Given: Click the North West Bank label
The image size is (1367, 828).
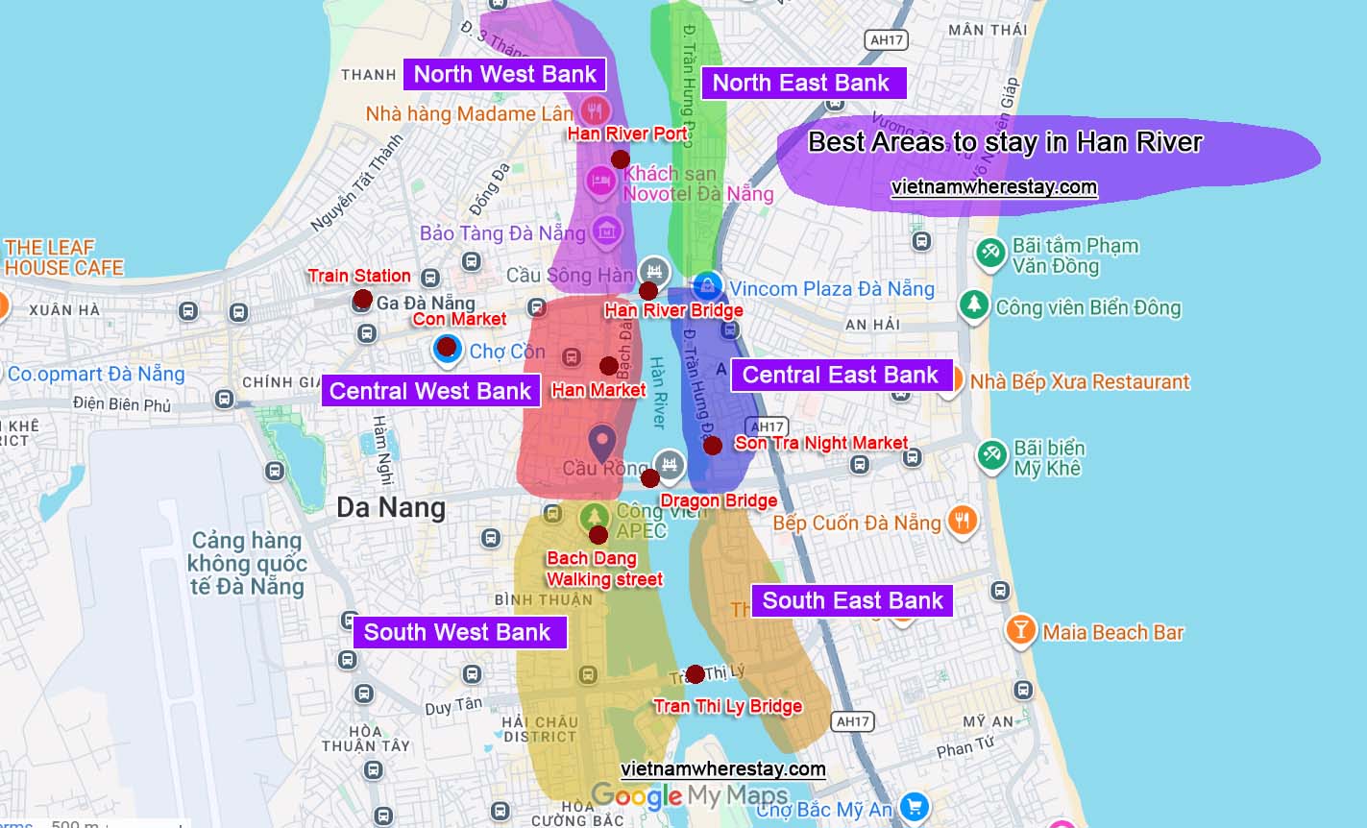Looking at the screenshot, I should [504, 75].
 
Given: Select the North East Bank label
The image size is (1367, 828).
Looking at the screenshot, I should [800, 84].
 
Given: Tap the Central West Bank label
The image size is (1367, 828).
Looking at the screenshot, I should [429, 391].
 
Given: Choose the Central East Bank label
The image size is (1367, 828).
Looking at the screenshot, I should [840, 376].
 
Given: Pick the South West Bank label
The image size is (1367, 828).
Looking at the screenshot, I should [457, 632].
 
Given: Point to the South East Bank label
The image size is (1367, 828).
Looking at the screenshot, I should [852, 601].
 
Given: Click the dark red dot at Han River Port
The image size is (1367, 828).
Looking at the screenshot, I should [621, 158].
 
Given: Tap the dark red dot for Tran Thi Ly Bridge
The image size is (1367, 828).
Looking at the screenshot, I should [696, 674].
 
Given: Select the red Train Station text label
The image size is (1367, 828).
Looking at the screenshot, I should [359, 276].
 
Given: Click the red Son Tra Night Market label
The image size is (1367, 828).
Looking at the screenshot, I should [820, 443].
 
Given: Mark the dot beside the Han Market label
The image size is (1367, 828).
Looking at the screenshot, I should [608, 366].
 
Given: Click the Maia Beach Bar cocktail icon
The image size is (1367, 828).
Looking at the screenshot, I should [1020, 631].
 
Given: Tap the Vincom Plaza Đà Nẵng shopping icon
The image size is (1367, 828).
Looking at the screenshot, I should [707, 286].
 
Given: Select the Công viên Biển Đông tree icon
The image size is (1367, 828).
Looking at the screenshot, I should [974, 306].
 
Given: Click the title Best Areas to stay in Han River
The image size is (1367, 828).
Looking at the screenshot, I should [1005, 143].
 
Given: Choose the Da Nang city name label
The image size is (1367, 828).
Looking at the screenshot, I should [391, 507].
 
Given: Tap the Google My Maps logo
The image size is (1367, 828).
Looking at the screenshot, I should [689, 796].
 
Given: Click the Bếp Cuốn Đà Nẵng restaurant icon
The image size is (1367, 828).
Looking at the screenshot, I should [962, 522].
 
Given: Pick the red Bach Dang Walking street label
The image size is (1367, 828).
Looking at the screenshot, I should [603, 569].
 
